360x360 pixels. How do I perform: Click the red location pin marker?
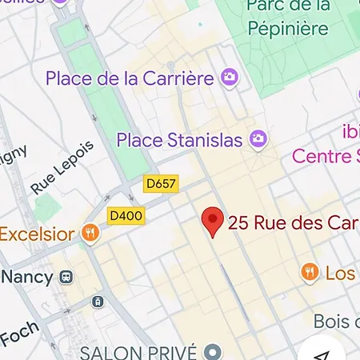(212, 222)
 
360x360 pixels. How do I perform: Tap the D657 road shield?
(161, 184)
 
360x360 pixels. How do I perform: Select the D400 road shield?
(126, 215)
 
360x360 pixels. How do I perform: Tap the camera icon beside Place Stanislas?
(258, 140)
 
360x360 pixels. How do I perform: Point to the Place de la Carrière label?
(130, 78)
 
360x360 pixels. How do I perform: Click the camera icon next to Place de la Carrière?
(230, 78)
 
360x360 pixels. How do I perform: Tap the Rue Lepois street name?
(62, 168)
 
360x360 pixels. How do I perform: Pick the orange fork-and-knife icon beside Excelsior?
(90, 234)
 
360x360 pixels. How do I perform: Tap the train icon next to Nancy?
(66, 278)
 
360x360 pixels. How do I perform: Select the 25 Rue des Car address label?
(293, 223)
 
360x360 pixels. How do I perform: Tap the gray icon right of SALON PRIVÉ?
(212, 352)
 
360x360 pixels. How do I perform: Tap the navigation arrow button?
(322, 352)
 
